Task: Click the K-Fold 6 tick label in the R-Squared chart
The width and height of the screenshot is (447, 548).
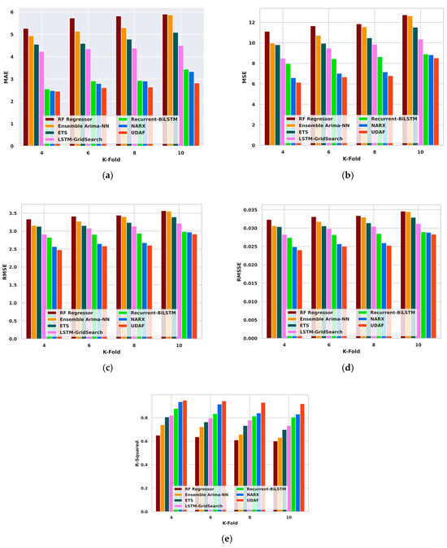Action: pos(211,518)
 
